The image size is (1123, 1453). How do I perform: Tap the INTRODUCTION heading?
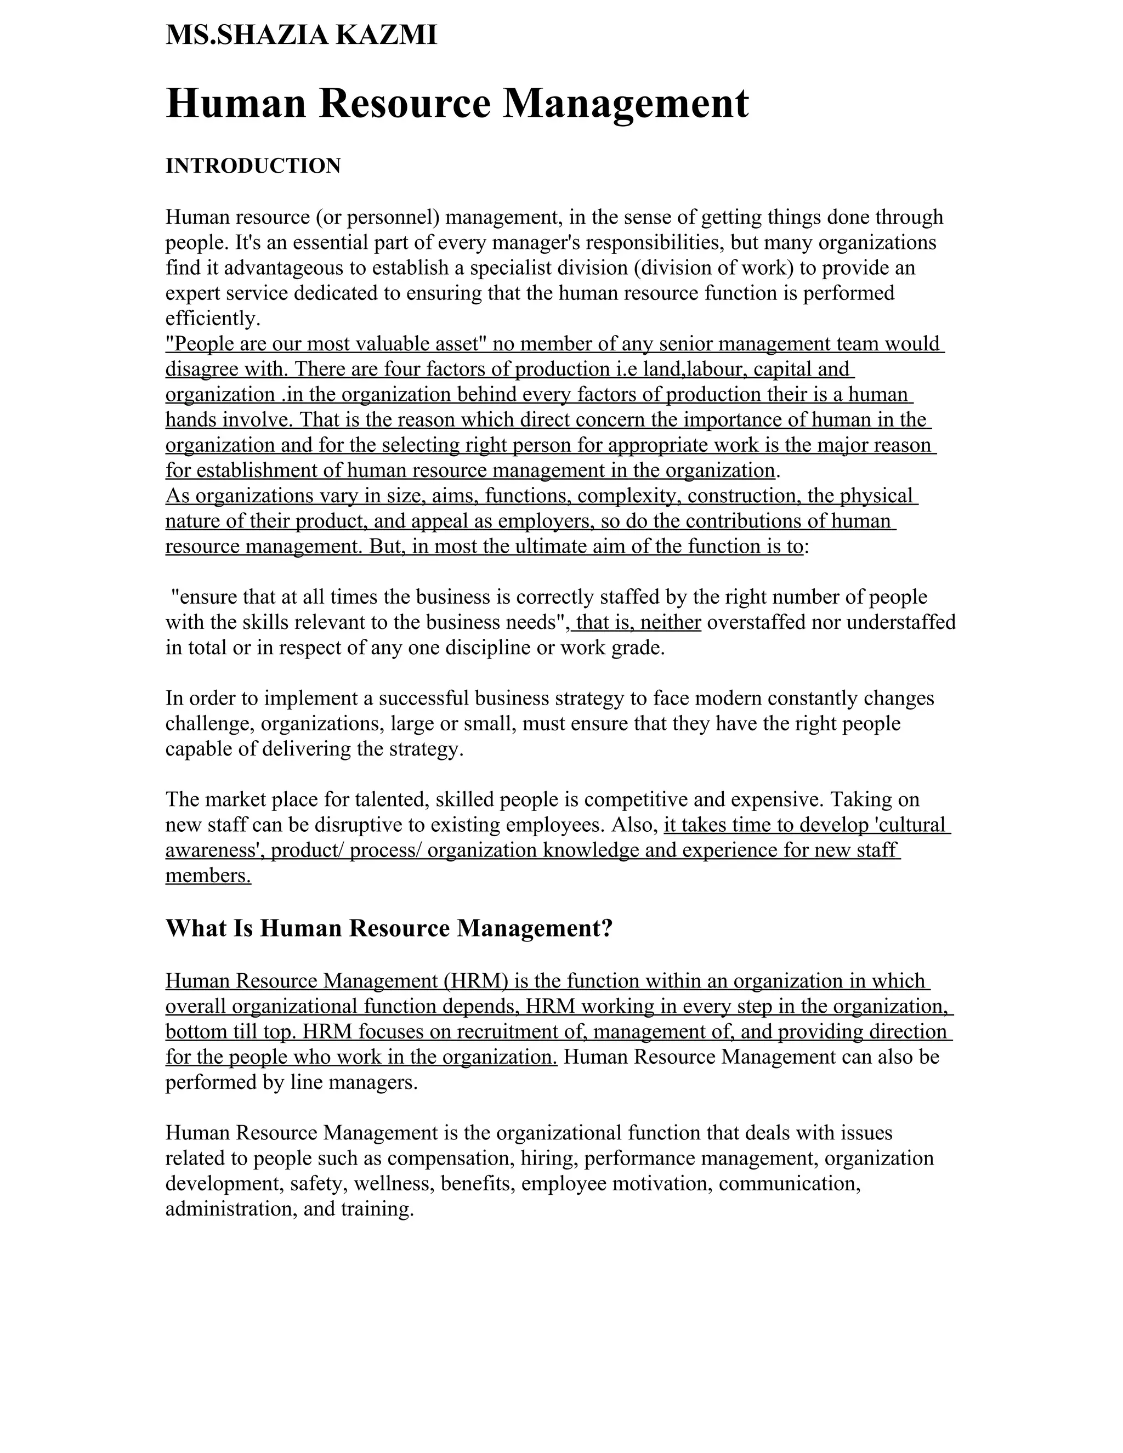point(253,166)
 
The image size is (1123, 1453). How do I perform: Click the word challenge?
point(210,723)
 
